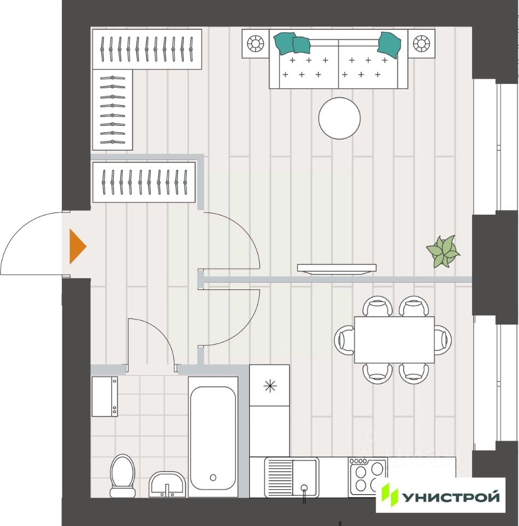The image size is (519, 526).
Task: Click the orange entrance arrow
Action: coord(77,247)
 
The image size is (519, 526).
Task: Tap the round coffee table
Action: coord(339,118)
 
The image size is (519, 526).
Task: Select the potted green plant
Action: coord(443,251)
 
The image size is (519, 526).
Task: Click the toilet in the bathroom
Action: coord(122,474)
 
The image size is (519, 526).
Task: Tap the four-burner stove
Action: coord(368,476)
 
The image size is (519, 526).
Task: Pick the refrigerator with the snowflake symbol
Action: coord(269,386)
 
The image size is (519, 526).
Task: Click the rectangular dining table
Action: coord(394,340)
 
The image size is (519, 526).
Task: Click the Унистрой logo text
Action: coord(452,497)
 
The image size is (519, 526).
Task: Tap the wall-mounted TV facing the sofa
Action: coord(337,268)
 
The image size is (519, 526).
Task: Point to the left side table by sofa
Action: coord(256,43)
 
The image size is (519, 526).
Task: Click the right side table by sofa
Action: coord(421,43)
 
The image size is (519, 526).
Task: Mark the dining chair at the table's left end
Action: coord(345,340)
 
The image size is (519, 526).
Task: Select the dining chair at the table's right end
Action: coord(442,340)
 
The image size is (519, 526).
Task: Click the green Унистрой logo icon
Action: coord(390,495)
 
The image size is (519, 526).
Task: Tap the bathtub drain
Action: coord(213,477)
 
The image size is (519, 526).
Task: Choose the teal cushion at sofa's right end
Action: coord(389,43)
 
